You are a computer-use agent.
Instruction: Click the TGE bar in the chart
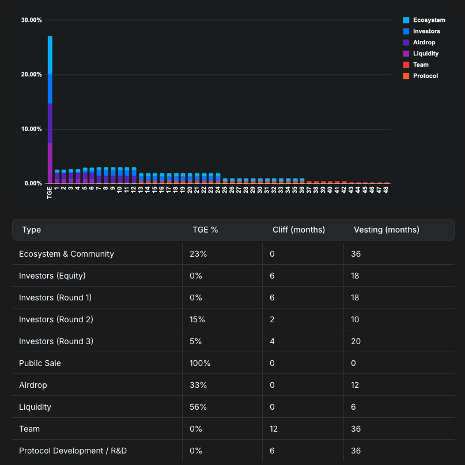[50, 109]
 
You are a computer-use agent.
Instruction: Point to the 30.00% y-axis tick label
[31, 20]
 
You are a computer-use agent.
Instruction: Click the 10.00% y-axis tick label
[31, 129]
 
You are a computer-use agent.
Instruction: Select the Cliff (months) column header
[298, 230]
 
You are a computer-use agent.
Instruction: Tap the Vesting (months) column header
[386, 230]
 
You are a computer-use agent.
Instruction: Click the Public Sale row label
[40, 363]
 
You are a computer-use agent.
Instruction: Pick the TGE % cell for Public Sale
[200, 363]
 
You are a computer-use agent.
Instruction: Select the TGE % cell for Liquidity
[198, 407]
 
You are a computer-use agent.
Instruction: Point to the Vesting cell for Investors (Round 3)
[357, 341]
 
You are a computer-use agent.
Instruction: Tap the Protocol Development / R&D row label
[73, 451]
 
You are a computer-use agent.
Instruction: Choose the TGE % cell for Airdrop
[198, 385]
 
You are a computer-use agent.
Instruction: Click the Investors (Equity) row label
[52, 276]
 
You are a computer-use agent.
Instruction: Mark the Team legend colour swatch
[406, 65]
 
